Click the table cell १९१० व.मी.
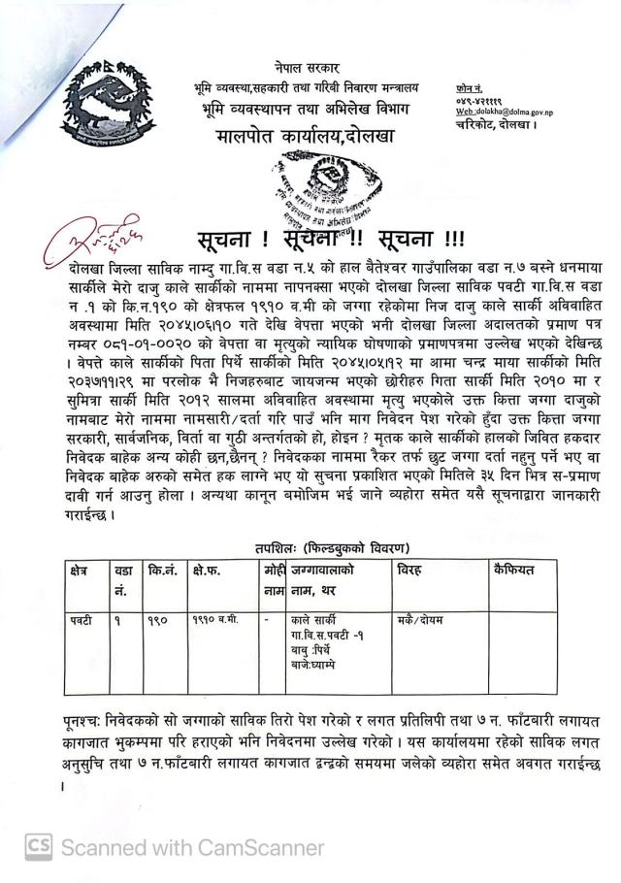click(212, 619)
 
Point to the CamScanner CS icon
click(39, 846)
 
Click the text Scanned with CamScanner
click(192, 847)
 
